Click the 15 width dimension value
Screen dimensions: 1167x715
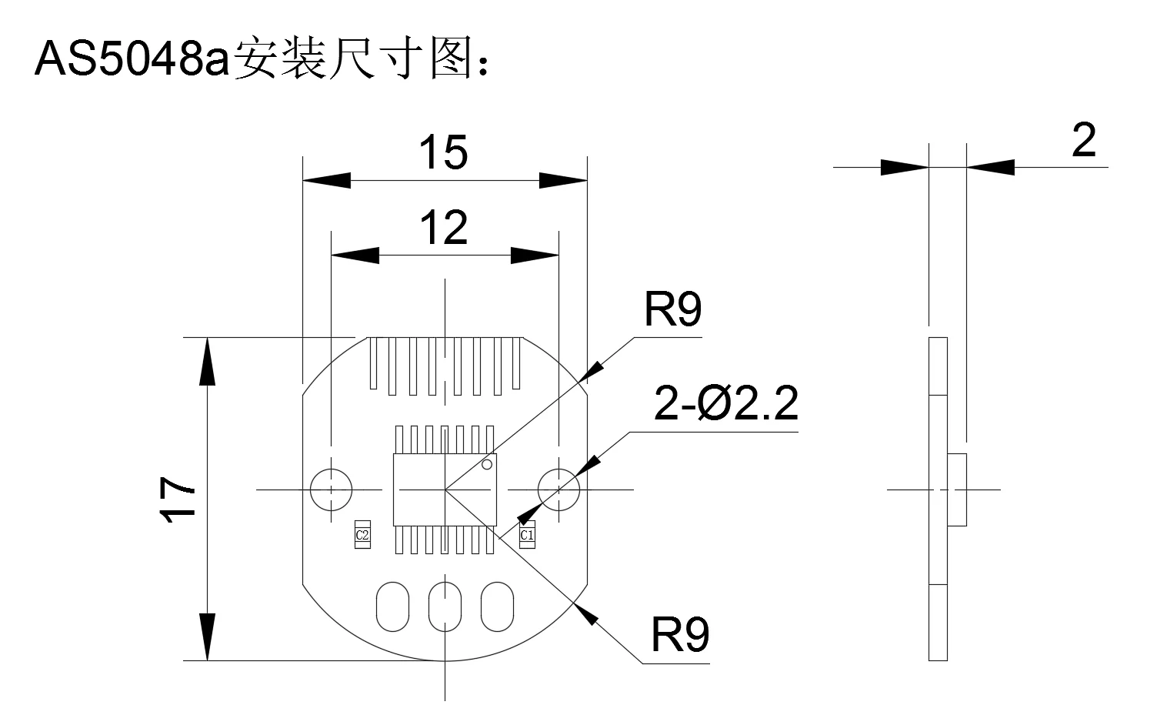pos(443,152)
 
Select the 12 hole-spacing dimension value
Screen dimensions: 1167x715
pos(443,227)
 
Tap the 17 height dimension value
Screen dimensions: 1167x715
pos(178,499)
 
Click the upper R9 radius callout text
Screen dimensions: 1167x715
pos(672,309)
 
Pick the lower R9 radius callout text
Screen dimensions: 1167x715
pos(680,635)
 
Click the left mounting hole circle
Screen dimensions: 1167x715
pos(311,489)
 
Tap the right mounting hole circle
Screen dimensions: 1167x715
pos(538,489)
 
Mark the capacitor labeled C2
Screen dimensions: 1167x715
pos(362,535)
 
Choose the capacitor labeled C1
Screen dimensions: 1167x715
pos(527,535)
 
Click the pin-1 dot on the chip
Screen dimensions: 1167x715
pos(487,464)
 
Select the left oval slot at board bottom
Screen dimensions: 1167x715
pos(392,606)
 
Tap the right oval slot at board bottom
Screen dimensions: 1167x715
pos(497,606)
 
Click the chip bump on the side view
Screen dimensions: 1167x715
pos(956,489)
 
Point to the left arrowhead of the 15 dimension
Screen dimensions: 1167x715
pos(327,181)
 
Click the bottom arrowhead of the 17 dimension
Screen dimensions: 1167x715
pos(208,636)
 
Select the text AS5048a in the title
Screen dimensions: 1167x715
pos(132,58)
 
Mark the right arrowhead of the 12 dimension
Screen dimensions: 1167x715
pos(535,256)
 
